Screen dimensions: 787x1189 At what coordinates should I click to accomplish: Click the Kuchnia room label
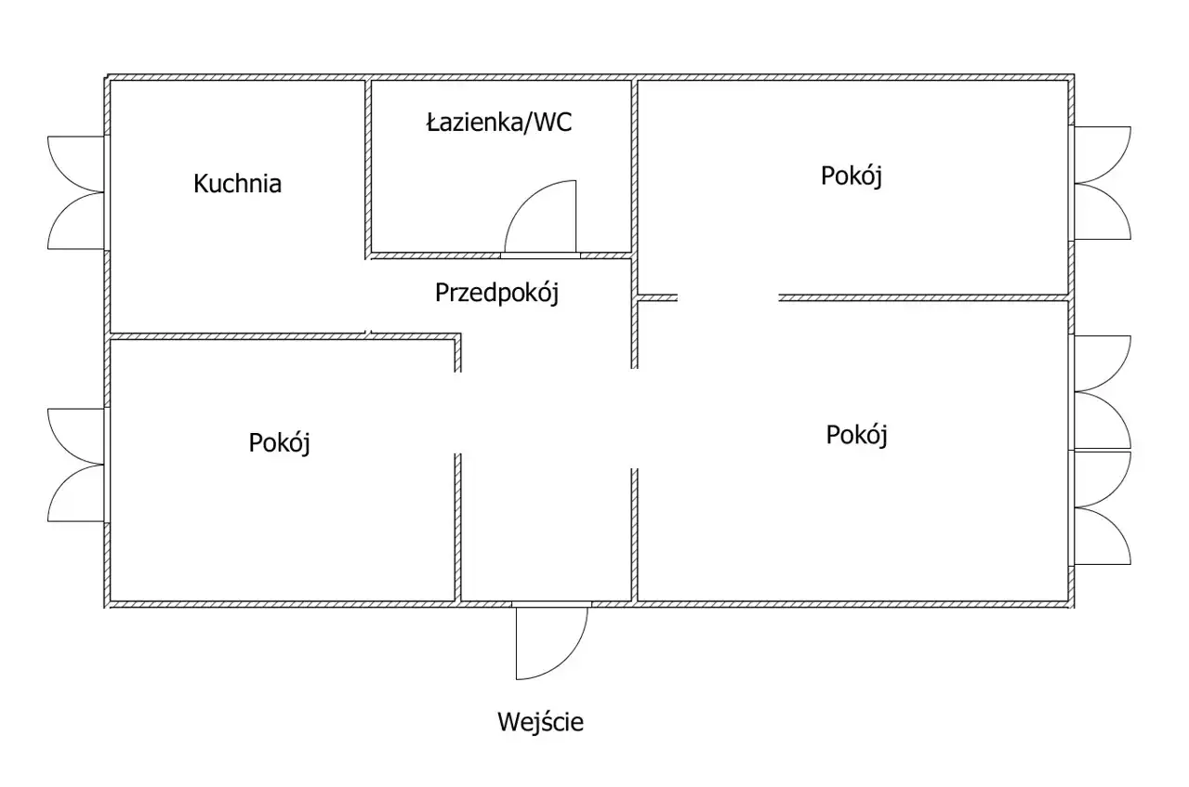pyautogui.click(x=237, y=183)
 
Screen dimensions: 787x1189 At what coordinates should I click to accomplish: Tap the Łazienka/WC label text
pyautogui.click(x=499, y=123)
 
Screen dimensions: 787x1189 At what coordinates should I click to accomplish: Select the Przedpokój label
pyautogui.click(x=496, y=293)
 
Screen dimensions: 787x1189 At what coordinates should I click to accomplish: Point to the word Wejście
pyautogui.click(x=540, y=721)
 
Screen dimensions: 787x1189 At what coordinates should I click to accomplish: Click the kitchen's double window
pyautogui.click(x=76, y=192)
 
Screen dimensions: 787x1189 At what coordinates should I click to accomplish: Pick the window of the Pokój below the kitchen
pyautogui.click(x=76, y=465)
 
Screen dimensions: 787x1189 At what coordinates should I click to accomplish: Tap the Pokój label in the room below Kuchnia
pyautogui.click(x=279, y=442)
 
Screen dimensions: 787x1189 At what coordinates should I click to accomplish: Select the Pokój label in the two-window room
pyautogui.click(x=856, y=434)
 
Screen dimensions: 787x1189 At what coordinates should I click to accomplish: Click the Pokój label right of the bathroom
pyautogui.click(x=851, y=176)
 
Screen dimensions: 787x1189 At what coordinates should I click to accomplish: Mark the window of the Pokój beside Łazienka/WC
pyautogui.click(x=1103, y=183)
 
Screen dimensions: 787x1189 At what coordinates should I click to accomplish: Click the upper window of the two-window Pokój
pyautogui.click(x=1103, y=392)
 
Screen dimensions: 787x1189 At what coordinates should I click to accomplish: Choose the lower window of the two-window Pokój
pyautogui.click(x=1103, y=507)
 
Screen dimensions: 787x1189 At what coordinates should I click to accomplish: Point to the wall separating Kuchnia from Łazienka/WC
pyautogui.click(x=367, y=167)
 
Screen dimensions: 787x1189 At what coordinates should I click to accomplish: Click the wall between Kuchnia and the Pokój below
pyautogui.click(x=237, y=335)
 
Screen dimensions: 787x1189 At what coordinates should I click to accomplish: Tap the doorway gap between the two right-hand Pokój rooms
pyautogui.click(x=728, y=297)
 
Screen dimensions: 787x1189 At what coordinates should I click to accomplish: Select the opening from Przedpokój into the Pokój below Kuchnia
pyautogui.click(x=457, y=413)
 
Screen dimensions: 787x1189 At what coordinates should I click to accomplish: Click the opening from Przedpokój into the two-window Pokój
pyautogui.click(x=636, y=418)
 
